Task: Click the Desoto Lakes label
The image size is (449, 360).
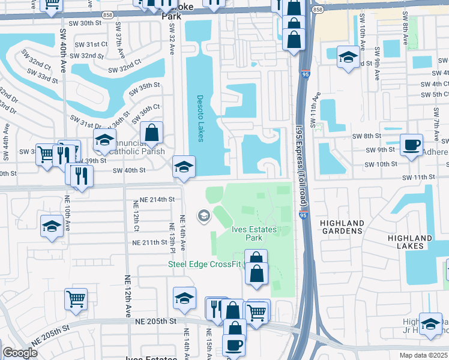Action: coord(200,119)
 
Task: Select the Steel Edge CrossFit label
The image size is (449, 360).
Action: coord(205,265)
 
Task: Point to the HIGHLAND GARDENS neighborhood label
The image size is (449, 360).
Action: coord(342,227)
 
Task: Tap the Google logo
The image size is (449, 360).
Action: coord(20,353)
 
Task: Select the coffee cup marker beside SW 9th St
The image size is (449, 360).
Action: coord(411,145)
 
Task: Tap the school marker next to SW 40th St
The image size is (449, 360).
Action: coord(184,167)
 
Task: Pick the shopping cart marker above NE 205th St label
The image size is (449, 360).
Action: coord(76,299)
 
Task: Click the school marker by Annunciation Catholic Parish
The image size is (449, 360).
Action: coord(105,141)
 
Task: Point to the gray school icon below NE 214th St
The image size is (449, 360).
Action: coord(203,215)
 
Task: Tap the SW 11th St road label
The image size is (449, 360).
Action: coord(418,178)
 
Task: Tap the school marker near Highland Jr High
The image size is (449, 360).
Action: coord(430,325)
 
